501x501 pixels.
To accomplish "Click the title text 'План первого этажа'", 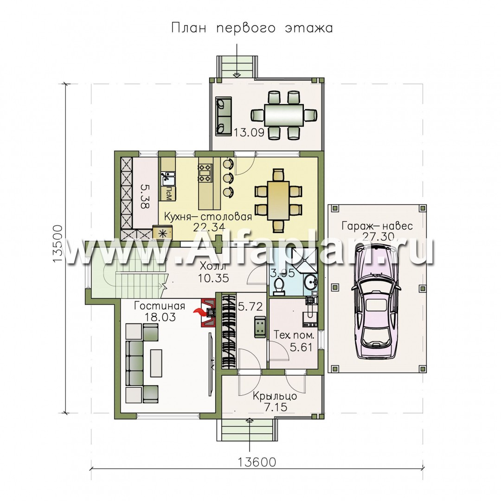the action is (252, 28).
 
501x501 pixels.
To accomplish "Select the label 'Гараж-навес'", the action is (377, 226).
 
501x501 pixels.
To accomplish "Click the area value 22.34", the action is (209, 227).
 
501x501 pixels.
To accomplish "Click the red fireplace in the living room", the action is (207, 313).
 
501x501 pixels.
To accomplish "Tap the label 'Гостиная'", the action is (160, 306).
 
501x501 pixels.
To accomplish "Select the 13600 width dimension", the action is (257, 462).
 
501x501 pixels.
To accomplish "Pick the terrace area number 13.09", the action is (249, 132).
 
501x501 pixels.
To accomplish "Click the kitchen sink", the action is (167, 179).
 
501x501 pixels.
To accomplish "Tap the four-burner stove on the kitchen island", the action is (205, 173).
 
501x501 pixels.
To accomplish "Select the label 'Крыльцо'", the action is (275, 396).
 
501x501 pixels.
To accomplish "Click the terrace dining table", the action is (283, 115).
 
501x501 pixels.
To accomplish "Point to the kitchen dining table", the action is (278, 200).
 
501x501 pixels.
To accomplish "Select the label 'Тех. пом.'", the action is (294, 335).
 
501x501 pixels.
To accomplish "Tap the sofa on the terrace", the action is (224, 116).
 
